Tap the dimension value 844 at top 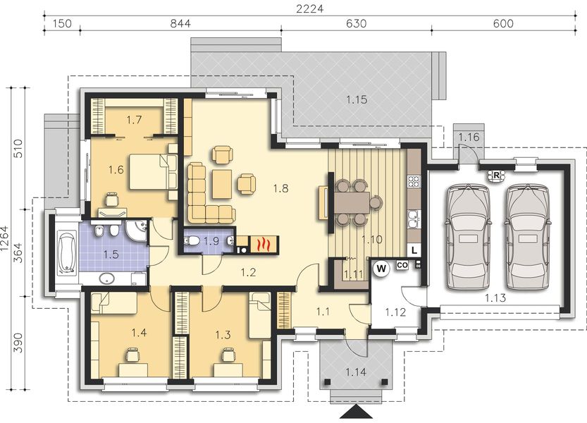tap(181, 23)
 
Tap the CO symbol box tap(403, 265)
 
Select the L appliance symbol tap(414, 250)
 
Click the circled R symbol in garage tap(497, 175)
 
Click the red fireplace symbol tap(264, 245)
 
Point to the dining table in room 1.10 tap(350, 203)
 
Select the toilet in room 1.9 tap(192, 242)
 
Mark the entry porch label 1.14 tap(356, 372)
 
